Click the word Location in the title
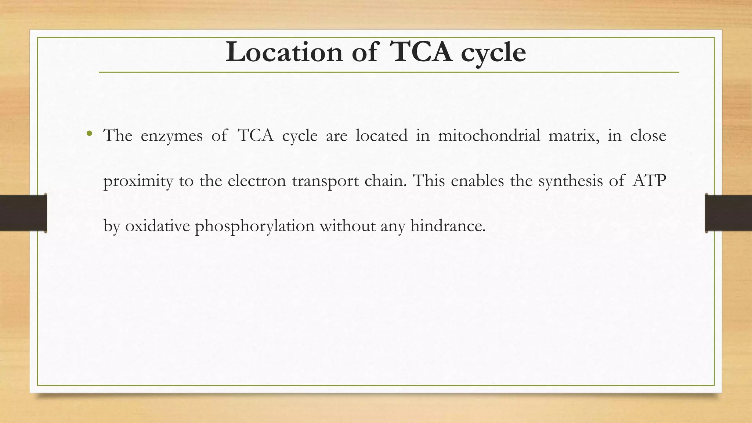tap(284, 53)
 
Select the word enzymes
tap(171, 136)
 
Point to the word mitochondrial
tap(489, 135)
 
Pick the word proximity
tap(138, 181)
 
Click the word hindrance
tap(448, 226)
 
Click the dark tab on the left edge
tap(23, 213)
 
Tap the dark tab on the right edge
tap(728, 213)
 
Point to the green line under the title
tap(388, 72)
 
